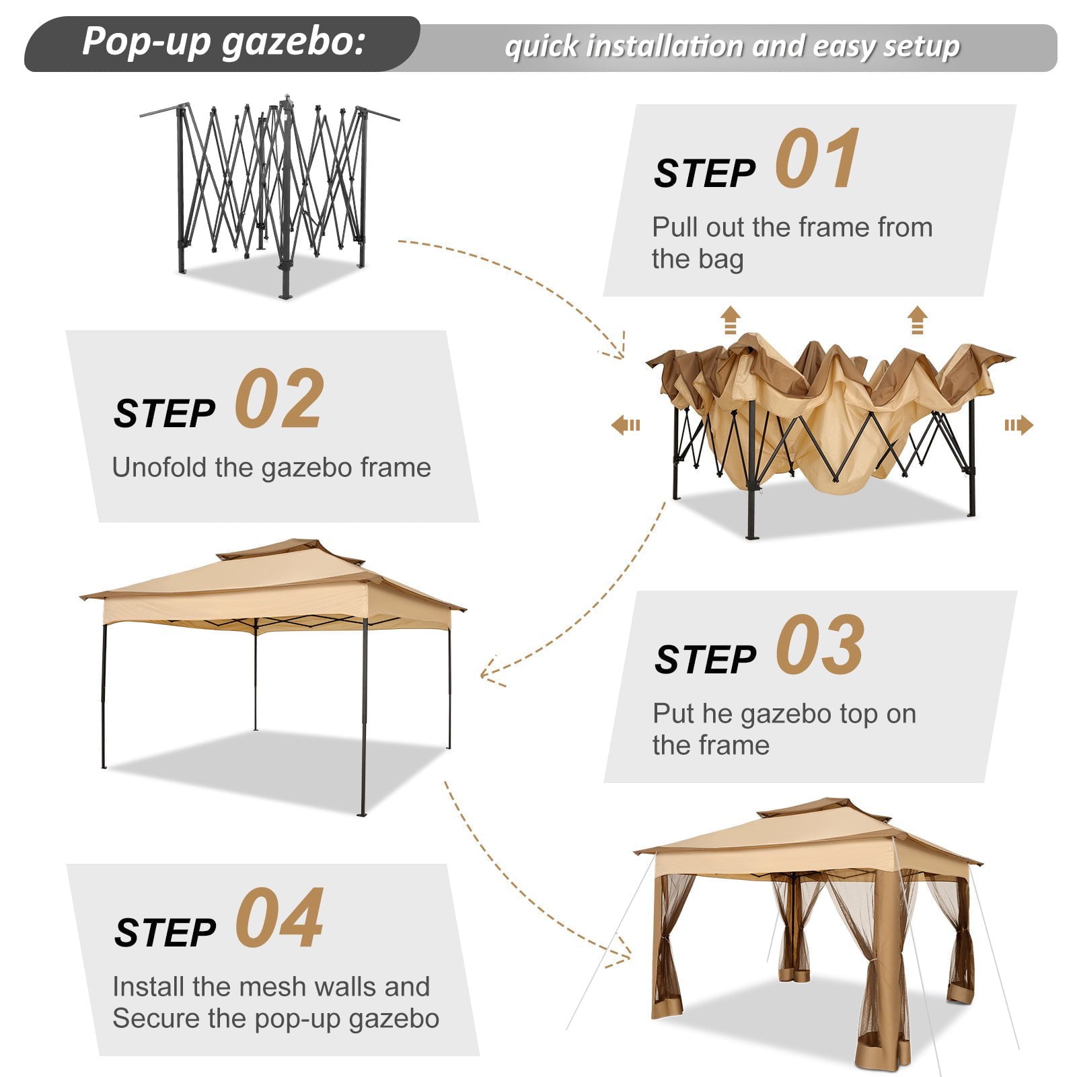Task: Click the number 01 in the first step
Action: pyautogui.click(x=817, y=160)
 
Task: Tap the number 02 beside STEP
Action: pyautogui.click(x=279, y=400)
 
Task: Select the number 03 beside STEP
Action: pyautogui.click(x=819, y=645)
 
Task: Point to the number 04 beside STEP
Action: pyautogui.click(x=279, y=918)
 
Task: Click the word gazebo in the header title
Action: pyautogui.click(x=293, y=42)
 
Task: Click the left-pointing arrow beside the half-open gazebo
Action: pyautogui.click(x=626, y=425)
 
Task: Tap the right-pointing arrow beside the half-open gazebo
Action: pyautogui.click(x=1018, y=425)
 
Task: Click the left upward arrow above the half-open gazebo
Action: pyautogui.click(x=730, y=320)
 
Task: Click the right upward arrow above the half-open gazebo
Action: pyautogui.click(x=917, y=320)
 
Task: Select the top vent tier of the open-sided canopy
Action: pyautogui.click(x=289, y=548)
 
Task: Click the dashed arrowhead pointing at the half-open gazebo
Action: pyautogui.click(x=616, y=350)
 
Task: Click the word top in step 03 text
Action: pyautogui.click(x=856, y=714)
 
